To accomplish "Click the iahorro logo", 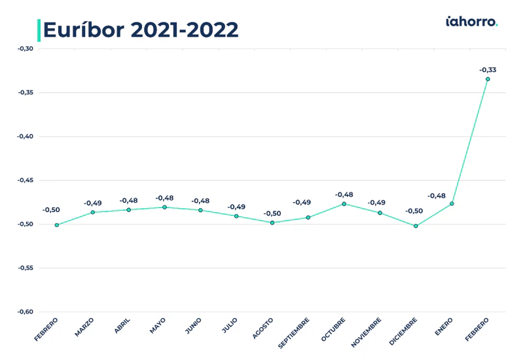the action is tap(471, 22).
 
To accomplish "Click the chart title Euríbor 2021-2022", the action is tap(141, 30).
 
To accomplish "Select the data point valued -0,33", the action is tap(488, 79).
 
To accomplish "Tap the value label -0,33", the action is tap(488, 70).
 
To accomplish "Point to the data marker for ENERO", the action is tap(452, 204).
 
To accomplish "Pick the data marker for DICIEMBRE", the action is tap(416, 226).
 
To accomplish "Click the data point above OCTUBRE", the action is tap(344, 204).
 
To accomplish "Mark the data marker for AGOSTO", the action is tap(272, 223).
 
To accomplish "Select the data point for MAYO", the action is tap(164, 207).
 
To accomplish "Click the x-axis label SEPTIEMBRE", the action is tap(293, 333).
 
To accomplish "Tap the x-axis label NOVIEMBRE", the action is tap(366, 333).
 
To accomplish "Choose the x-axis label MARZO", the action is tap(84, 327).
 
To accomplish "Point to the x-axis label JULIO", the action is tap(230, 325).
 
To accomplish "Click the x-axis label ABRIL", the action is tap(122, 326).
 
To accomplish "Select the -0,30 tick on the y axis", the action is tap(26, 48).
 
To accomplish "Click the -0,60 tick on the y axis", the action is tap(26, 312).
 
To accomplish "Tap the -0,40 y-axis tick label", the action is tap(26, 136).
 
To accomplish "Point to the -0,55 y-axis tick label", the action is tap(26, 268).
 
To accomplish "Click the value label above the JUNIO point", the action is tap(200, 201).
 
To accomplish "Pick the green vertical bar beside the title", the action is tap(39, 30).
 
